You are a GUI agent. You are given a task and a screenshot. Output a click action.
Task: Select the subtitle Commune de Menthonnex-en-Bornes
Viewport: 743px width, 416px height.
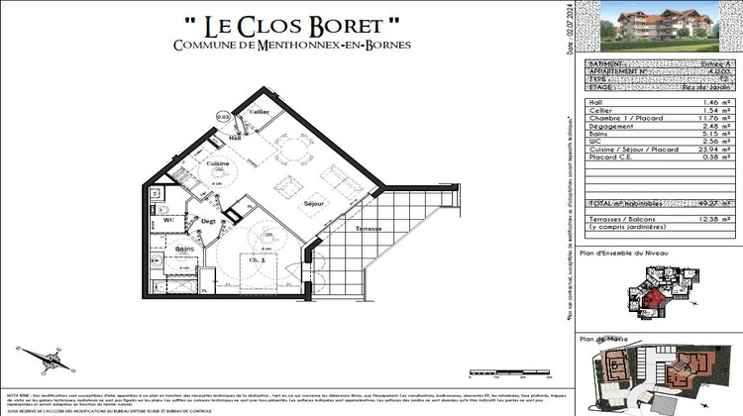coord(291,46)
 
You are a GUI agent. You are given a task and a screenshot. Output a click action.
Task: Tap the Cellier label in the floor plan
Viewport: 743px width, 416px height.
coord(260,112)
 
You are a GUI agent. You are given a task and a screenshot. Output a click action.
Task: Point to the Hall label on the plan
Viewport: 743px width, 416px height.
coord(236,138)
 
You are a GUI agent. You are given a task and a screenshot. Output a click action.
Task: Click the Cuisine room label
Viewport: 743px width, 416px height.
coord(218,162)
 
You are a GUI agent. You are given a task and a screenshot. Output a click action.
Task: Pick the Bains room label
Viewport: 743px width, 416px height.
coord(184,250)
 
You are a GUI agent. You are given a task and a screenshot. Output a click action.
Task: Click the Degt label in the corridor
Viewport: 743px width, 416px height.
coord(208,221)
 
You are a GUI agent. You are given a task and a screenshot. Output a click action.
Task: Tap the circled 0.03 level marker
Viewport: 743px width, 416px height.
coord(223,116)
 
